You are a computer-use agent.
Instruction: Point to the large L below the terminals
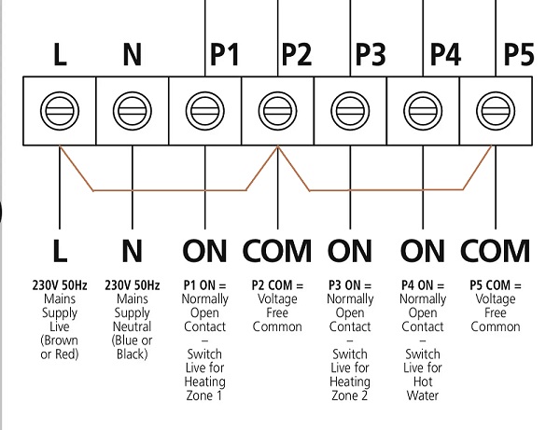point(60,251)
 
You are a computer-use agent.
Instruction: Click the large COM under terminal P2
point(277,251)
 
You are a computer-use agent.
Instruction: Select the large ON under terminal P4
point(423,251)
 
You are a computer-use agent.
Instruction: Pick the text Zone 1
point(204,396)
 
